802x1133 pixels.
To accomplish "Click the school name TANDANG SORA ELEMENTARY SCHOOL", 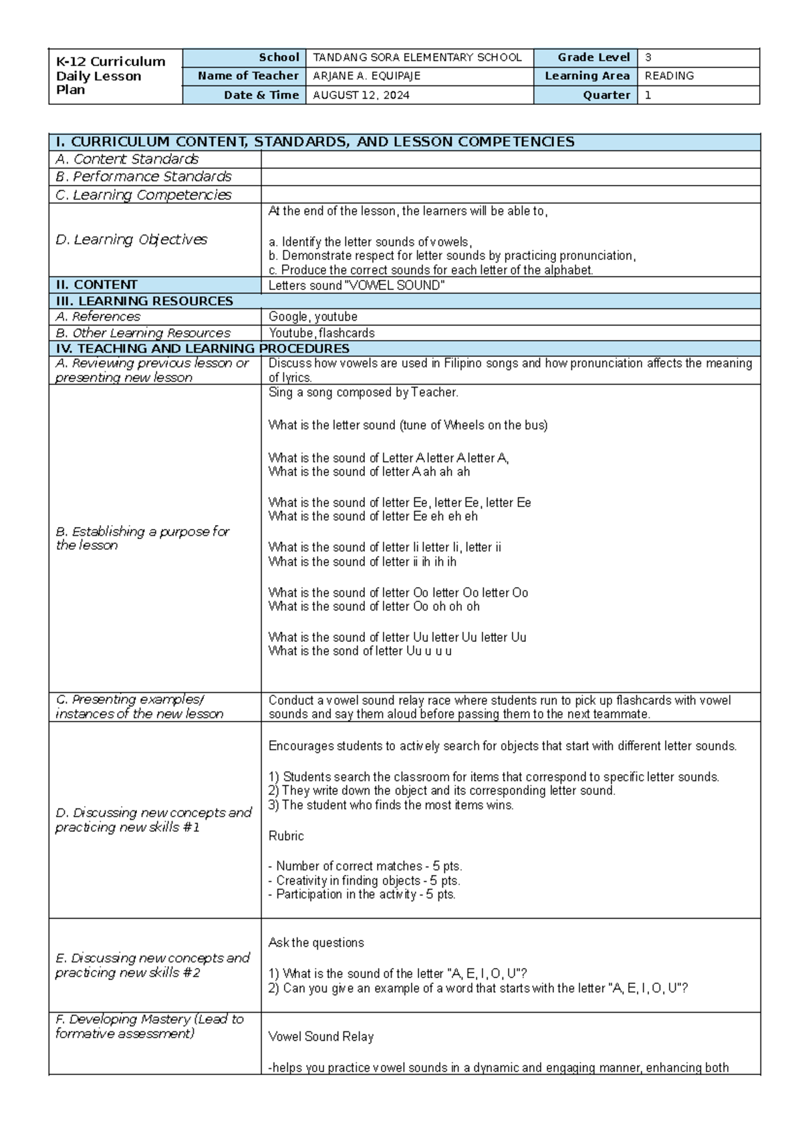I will coord(417,57).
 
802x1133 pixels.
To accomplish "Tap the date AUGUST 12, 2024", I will coord(361,95).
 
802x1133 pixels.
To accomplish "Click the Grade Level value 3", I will coord(648,57).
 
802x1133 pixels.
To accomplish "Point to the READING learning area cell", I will coord(669,76).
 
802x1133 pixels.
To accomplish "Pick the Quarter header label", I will coord(606,95).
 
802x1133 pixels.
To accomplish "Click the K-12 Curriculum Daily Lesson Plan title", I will coord(110,75).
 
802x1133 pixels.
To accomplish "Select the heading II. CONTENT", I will coord(97,285).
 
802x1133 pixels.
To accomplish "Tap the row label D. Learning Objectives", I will coord(132,239).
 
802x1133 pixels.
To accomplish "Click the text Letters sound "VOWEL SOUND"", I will coord(356,285).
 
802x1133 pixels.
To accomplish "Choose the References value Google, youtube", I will coord(313,317).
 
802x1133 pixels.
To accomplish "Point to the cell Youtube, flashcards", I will coord(321,333).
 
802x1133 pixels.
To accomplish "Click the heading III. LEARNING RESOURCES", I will coord(144,301).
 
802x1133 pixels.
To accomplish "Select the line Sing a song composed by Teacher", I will coord(363,393).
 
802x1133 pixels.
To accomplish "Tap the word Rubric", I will coord(286,836).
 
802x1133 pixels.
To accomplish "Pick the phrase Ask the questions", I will coord(315,943).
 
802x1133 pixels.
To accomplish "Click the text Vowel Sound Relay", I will coord(321,1037).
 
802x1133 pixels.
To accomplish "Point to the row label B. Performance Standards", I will coord(144,176).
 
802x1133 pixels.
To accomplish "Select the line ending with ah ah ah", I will coord(369,472).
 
